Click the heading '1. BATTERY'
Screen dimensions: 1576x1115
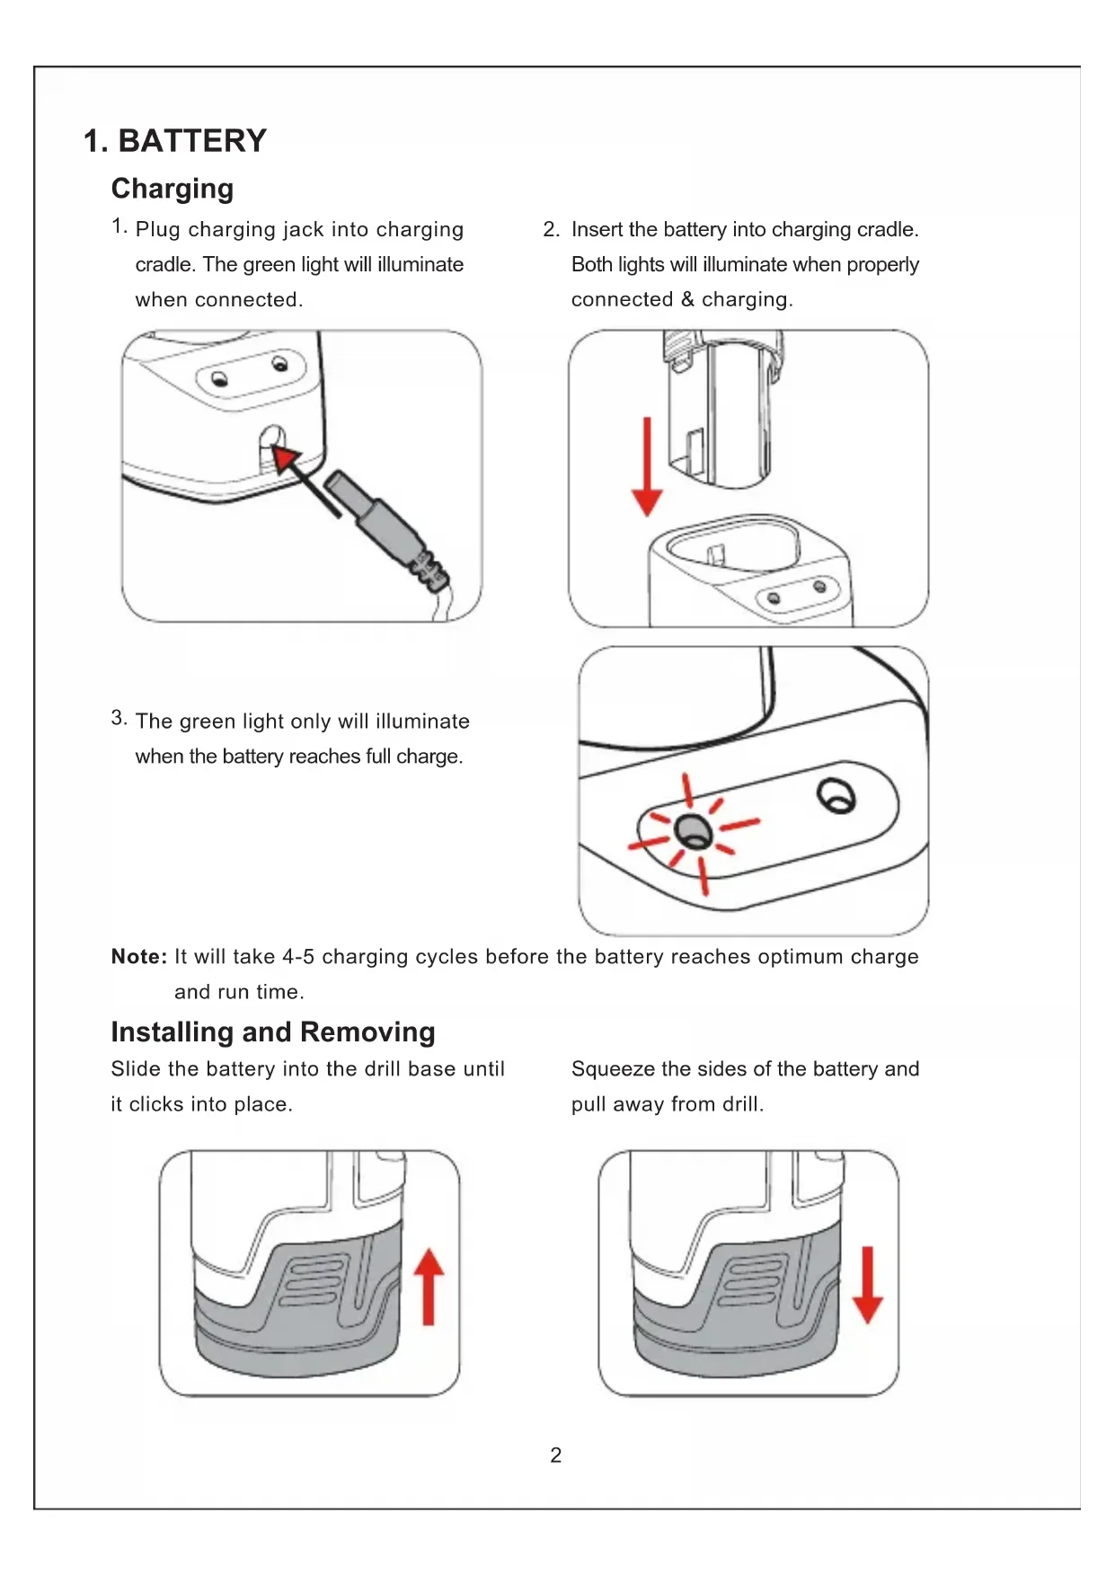(x=175, y=141)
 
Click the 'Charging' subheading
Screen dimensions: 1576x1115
(x=173, y=189)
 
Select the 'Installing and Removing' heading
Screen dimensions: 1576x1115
(x=273, y=1031)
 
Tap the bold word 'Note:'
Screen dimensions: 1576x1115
(x=139, y=957)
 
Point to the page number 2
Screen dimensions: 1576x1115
(x=556, y=1455)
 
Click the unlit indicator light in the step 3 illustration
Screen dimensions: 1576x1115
(x=836, y=795)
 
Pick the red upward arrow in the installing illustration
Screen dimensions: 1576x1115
(x=429, y=1287)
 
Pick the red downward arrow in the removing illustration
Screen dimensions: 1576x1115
(x=867, y=1285)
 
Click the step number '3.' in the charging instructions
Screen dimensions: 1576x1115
(x=119, y=718)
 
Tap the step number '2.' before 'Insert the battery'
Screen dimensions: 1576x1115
(x=551, y=230)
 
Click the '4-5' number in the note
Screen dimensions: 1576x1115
(x=298, y=957)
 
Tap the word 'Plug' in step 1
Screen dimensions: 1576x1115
(x=158, y=230)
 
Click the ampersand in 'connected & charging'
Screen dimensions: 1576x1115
(x=687, y=299)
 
